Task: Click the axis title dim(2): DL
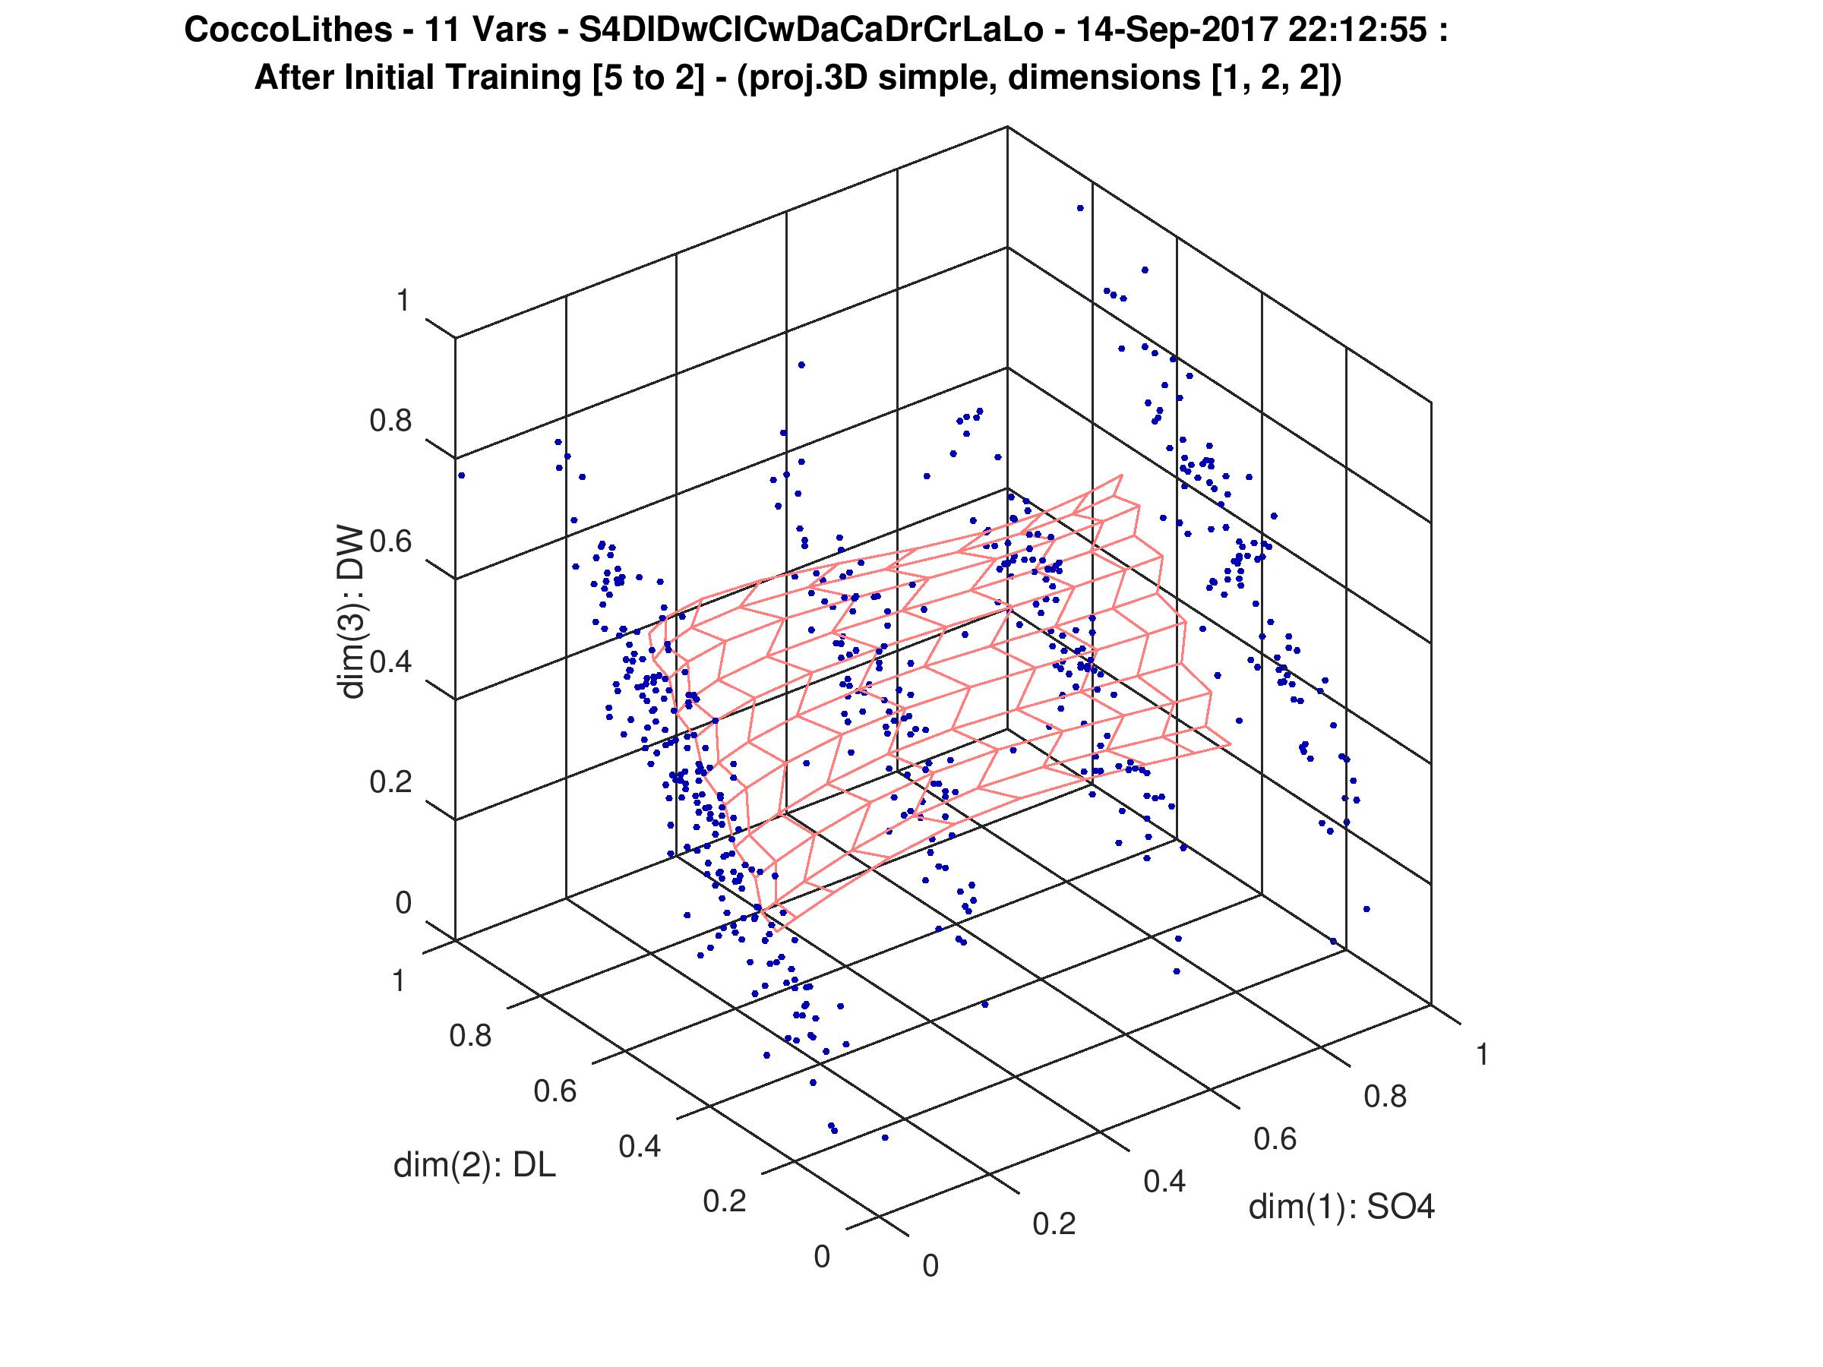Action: point(475,1165)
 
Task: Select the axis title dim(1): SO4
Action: point(1341,1208)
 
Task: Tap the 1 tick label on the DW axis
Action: point(403,301)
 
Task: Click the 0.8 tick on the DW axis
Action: point(390,421)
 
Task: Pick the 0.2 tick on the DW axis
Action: point(390,782)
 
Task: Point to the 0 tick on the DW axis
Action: point(403,903)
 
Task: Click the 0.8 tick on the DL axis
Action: point(471,1036)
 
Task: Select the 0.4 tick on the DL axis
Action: point(640,1146)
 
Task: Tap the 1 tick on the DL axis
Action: point(399,981)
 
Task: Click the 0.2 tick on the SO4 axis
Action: point(1054,1224)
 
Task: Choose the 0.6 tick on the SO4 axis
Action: point(1275,1140)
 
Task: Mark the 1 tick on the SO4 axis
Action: point(1482,1056)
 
